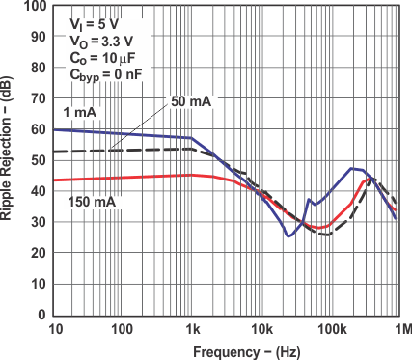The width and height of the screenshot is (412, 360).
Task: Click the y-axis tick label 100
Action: point(34,7)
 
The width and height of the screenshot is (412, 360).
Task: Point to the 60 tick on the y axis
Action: point(38,129)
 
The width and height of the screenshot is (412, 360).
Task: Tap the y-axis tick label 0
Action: point(41,315)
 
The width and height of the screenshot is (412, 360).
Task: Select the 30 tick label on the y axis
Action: point(38,222)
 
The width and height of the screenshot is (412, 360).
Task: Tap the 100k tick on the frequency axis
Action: point(329,328)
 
